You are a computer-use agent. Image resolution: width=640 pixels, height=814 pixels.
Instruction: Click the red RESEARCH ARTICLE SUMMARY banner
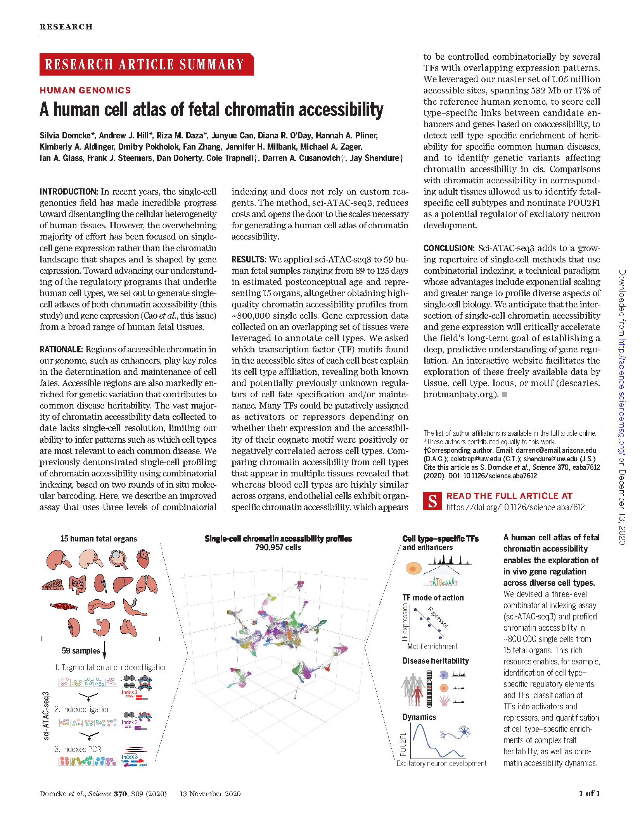click(x=146, y=64)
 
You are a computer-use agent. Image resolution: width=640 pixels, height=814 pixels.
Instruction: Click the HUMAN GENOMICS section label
click(x=85, y=90)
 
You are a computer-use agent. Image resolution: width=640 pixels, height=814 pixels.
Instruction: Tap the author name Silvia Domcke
click(x=65, y=136)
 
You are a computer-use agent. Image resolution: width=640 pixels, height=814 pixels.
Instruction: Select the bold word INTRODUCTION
click(x=69, y=192)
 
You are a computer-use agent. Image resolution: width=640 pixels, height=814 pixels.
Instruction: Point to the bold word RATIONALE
click(x=61, y=350)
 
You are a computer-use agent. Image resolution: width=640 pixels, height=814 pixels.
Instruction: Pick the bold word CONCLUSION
click(x=449, y=248)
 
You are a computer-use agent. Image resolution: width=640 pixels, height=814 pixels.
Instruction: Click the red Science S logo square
click(x=432, y=501)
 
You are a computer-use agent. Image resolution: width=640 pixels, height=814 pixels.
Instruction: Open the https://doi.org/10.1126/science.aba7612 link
click(x=515, y=507)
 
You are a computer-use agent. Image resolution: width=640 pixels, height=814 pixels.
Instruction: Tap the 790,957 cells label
click(x=278, y=547)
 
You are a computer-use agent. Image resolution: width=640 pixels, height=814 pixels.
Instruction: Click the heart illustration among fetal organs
click(x=144, y=558)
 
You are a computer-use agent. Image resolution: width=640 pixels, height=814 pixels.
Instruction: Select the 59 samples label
click(x=81, y=650)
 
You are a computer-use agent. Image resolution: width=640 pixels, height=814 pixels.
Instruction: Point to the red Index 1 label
click(x=129, y=692)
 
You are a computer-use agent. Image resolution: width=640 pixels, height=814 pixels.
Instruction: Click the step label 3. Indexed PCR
click(x=78, y=749)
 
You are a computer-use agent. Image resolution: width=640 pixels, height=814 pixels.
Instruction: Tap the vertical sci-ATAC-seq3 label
click(x=46, y=716)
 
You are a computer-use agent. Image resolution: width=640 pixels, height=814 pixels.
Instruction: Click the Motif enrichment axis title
click(x=432, y=646)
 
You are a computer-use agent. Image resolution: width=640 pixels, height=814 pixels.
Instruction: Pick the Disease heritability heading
click(x=436, y=661)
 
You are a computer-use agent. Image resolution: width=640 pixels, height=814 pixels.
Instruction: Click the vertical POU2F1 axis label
click(x=403, y=745)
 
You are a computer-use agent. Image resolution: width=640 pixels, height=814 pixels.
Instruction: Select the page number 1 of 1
click(x=589, y=793)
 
